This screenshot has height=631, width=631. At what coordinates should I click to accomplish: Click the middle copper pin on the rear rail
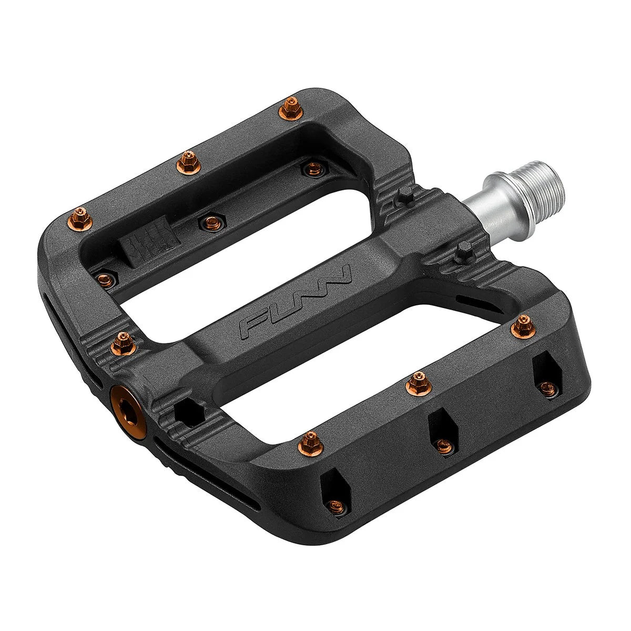[185, 160]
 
